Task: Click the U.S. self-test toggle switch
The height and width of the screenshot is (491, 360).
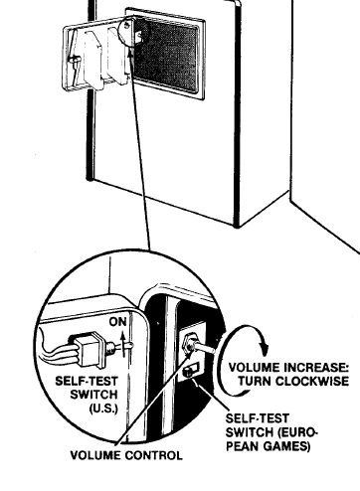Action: [97, 349]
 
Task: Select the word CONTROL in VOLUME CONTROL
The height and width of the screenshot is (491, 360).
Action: [154, 456]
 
